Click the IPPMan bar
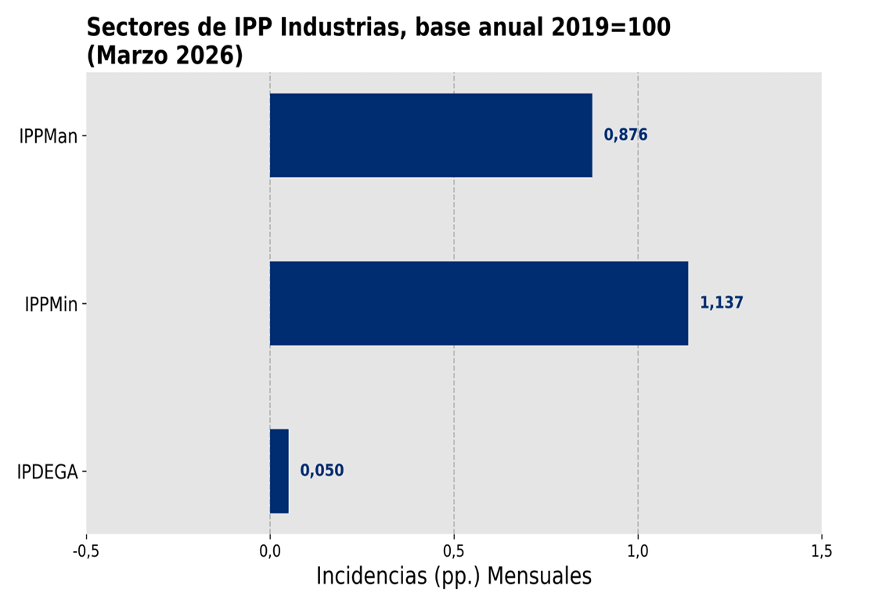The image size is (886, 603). (430, 135)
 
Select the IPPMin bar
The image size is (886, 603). (478, 303)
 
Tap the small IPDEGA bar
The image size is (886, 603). (279, 471)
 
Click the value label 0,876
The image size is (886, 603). (625, 135)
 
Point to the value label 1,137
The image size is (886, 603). (721, 303)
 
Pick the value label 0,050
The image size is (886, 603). (322, 471)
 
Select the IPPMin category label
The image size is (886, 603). (52, 304)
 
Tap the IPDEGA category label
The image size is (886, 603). (48, 472)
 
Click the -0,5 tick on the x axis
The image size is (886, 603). (86, 551)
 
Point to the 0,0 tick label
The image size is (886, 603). (270, 551)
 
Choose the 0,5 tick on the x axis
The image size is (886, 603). (454, 551)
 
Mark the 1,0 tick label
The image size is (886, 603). (638, 551)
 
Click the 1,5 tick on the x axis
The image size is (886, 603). (821, 551)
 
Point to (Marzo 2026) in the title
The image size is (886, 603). (164, 56)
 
